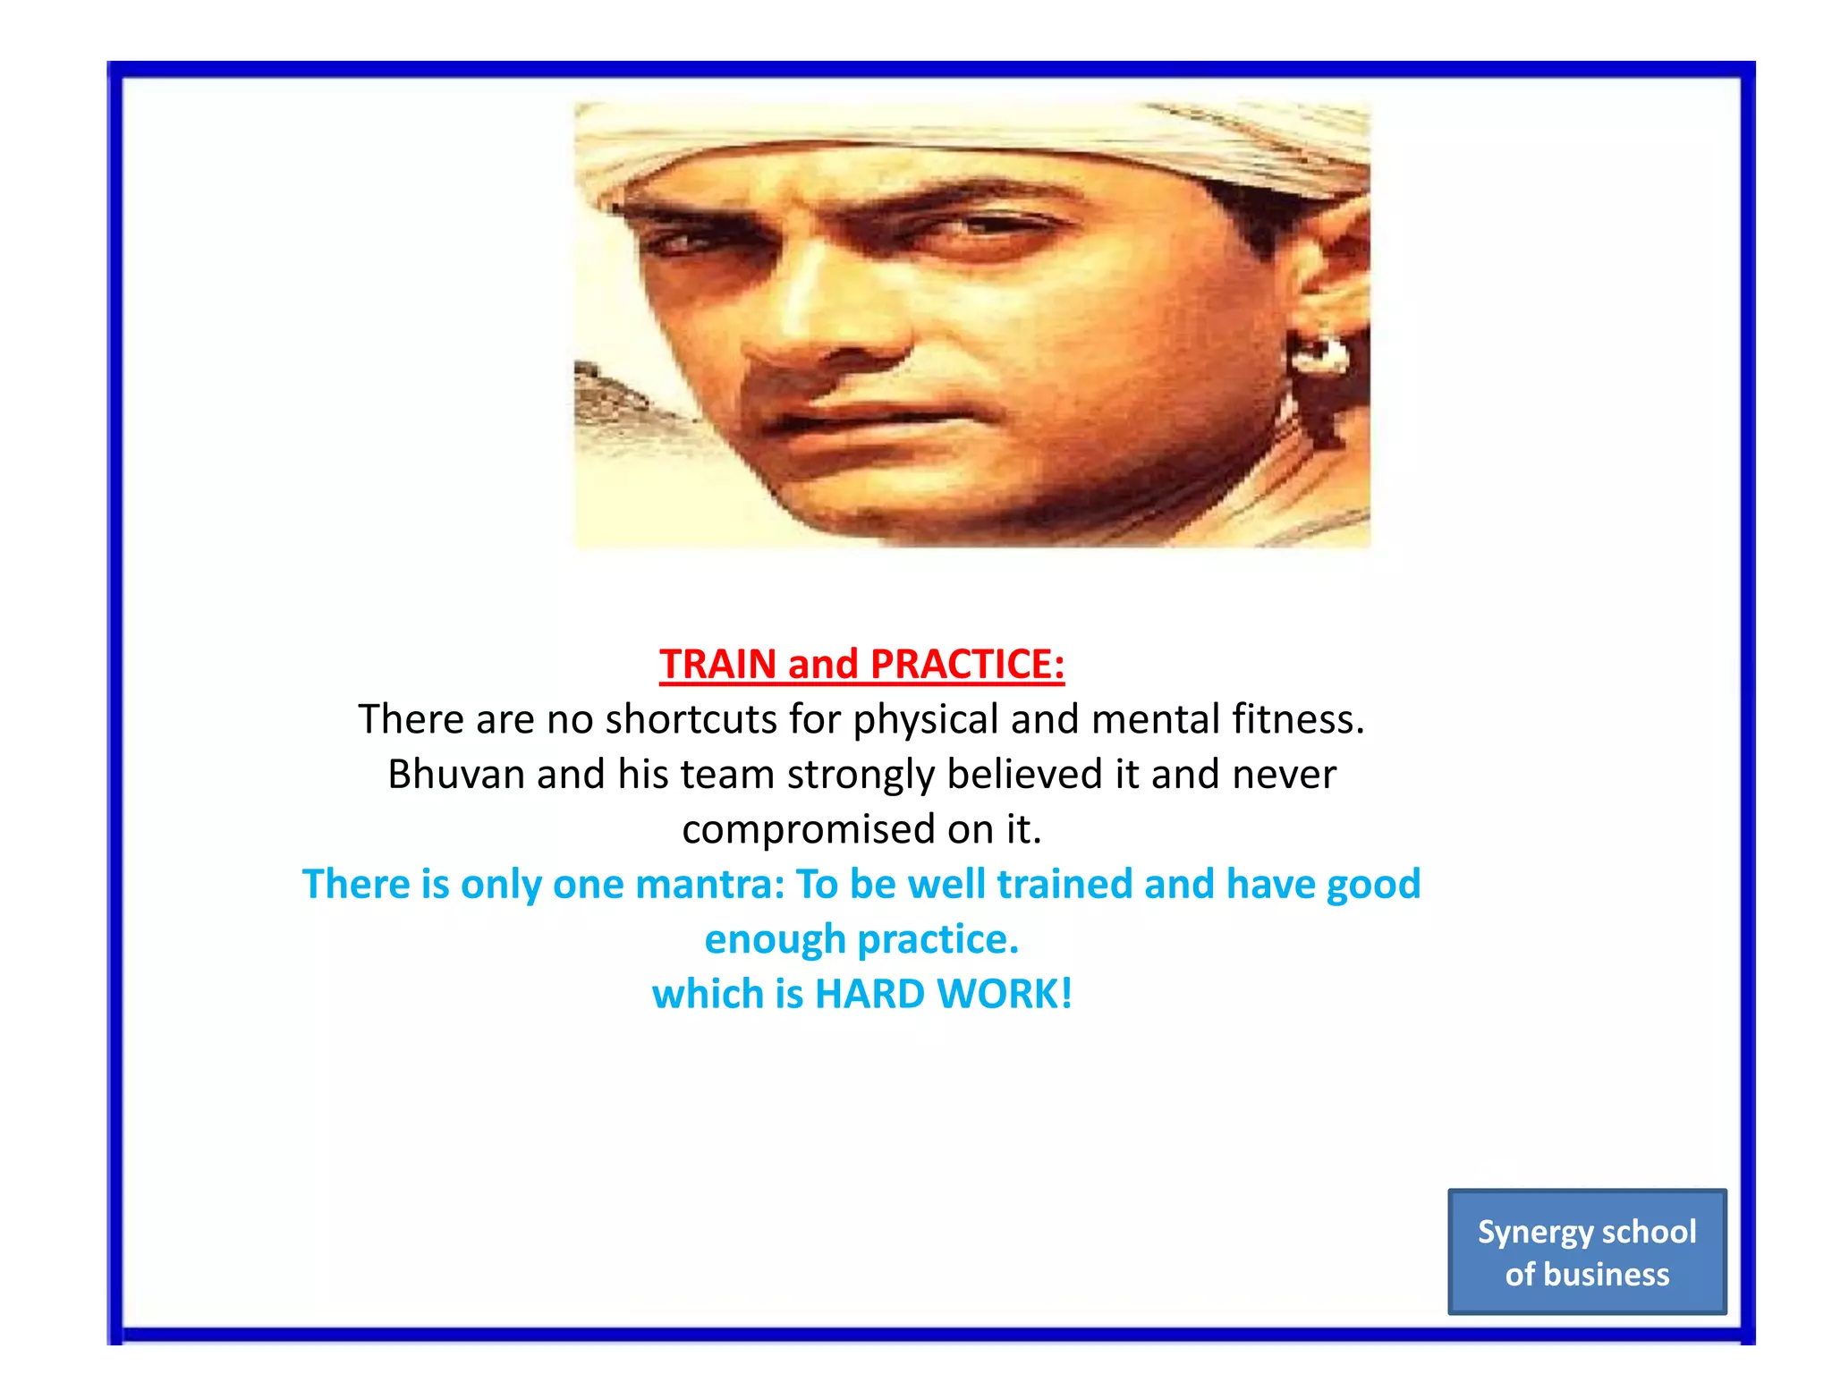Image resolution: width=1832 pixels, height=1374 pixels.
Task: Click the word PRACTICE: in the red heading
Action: [x=967, y=665]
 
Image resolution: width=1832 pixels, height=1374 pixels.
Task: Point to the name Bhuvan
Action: [x=456, y=775]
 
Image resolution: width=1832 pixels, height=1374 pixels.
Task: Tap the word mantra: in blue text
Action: [x=709, y=885]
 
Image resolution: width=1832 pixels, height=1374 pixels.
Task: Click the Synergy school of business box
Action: [x=1587, y=1251]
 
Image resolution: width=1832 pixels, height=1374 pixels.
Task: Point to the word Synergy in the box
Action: [x=1533, y=1233]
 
